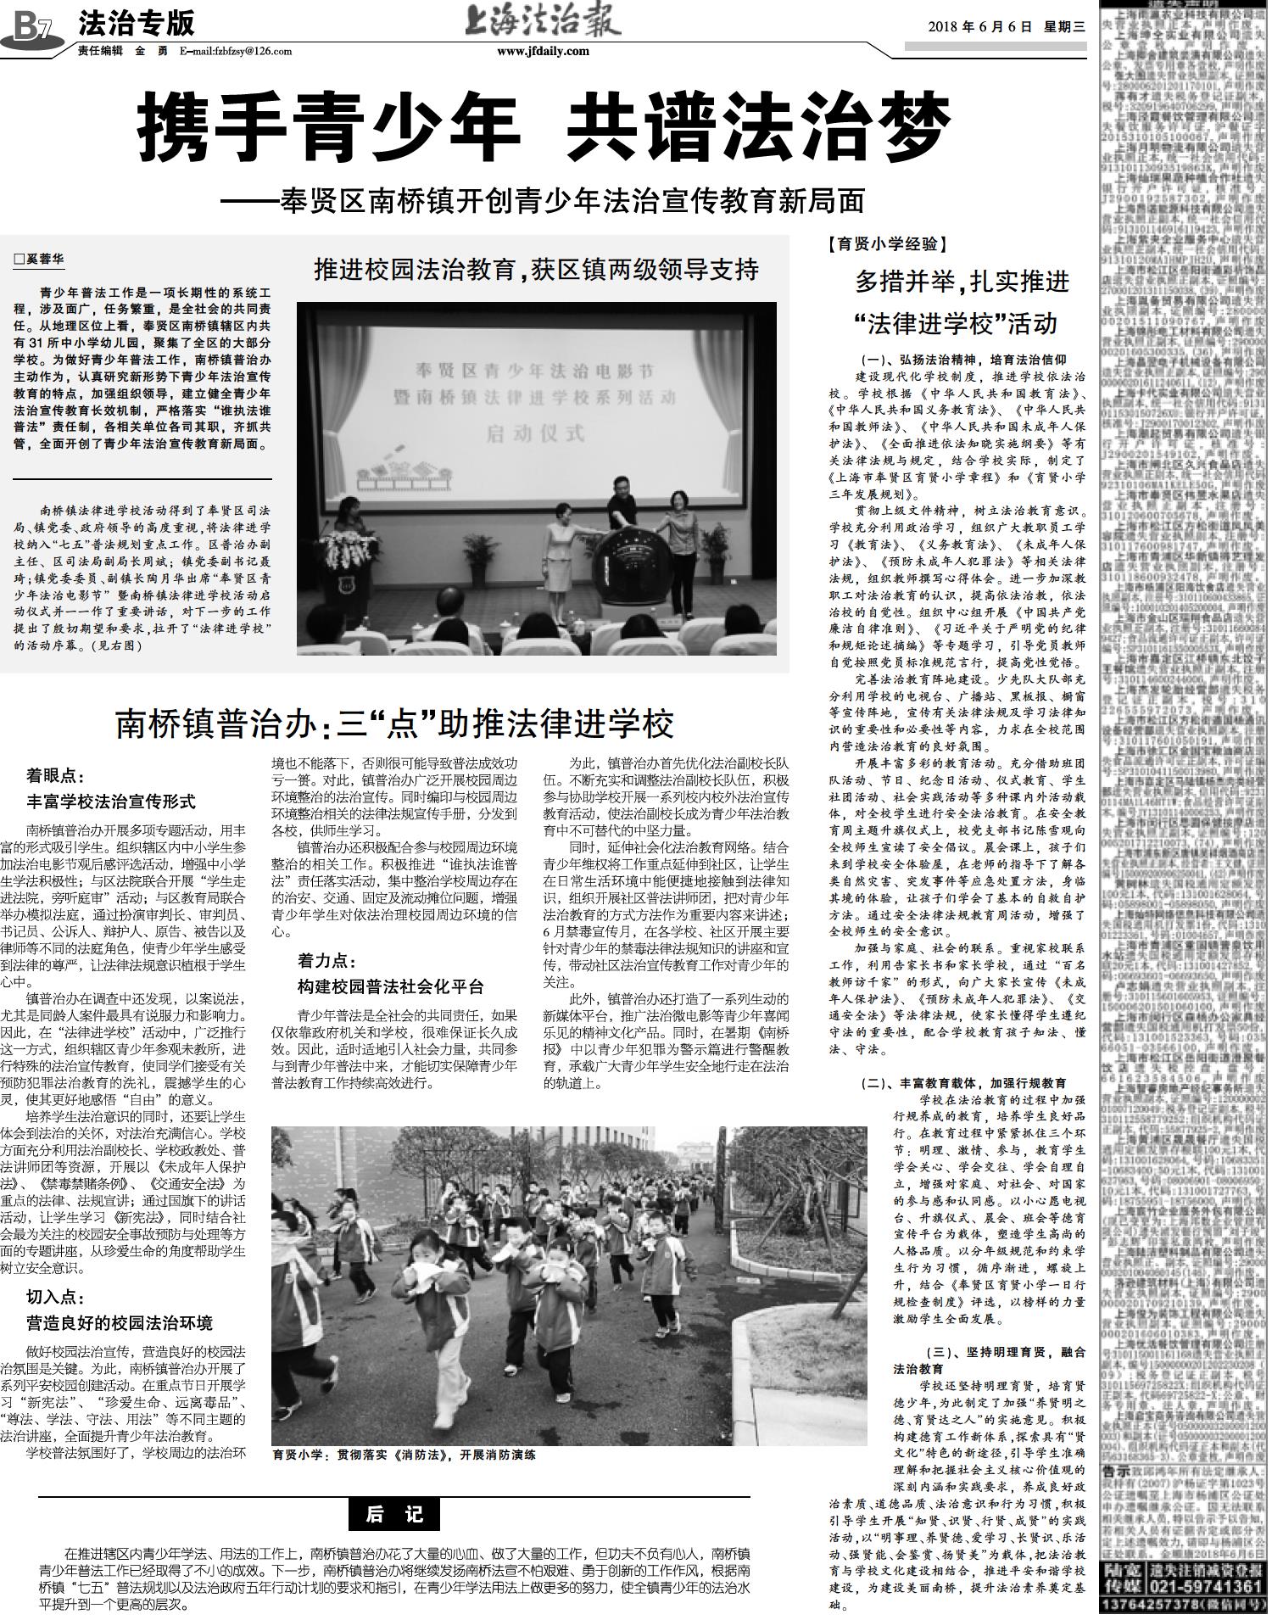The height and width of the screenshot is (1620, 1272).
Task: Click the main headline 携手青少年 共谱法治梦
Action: (x=543, y=129)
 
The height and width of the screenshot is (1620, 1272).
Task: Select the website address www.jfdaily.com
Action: (x=543, y=52)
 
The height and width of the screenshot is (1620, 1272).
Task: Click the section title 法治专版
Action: (x=137, y=23)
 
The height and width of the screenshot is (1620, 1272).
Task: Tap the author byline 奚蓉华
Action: (x=40, y=260)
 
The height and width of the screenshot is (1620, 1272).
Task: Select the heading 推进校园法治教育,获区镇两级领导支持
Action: (x=536, y=270)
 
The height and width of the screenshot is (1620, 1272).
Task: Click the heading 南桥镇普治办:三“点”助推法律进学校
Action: (x=394, y=723)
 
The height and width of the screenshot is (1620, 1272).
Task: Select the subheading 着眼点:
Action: (x=56, y=775)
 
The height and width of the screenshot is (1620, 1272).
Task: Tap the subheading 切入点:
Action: (x=56, y=1297)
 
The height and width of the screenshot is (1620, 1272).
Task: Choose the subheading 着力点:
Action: (x=327, y=961)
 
